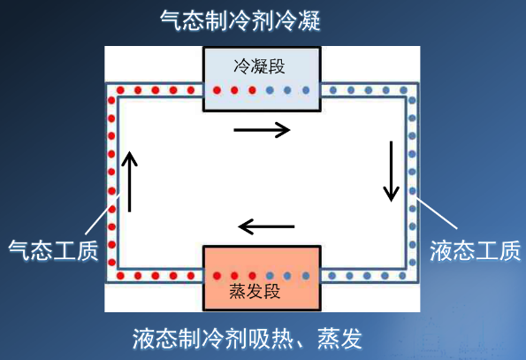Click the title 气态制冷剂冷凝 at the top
(x=240, y=21)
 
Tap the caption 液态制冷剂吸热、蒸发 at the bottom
(x=248, y=339)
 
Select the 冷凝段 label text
(x=259, y=65)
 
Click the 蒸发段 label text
(x=255, y=291)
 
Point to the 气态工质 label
(x=53, y=250)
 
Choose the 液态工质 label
(x=475, y=250)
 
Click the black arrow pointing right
(x=262, y=130)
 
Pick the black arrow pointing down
(x=391, y=171)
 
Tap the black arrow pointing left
(x=266, y=226)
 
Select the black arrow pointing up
(x=129, y=181)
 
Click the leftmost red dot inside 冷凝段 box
(x=217, y=90)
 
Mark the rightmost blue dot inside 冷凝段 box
(x=306, y=90)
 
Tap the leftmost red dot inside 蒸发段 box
(x=217, y=276)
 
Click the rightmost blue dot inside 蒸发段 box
(x=306, y=276)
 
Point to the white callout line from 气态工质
(x=103, y=215)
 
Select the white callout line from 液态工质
(x=437, y=214)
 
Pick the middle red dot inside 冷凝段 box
(x=234, y=90)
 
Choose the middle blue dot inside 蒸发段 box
(x=287, y=276)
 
